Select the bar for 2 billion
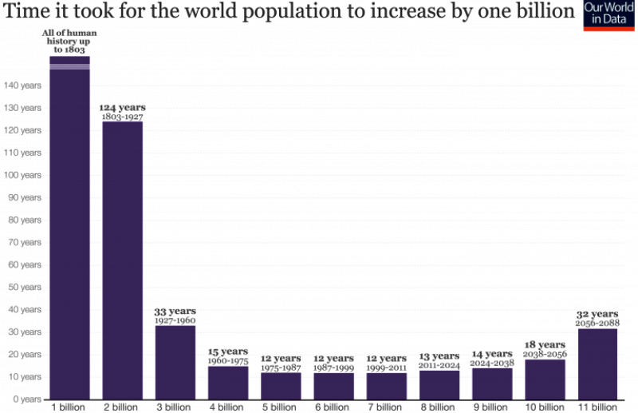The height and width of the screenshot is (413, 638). (122, 260)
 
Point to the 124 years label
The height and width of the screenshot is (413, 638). (122, 107)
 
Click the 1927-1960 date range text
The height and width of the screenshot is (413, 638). (175, 320)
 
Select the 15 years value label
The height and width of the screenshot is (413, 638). (228, 351)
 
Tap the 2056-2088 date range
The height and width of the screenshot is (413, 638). (597, 323)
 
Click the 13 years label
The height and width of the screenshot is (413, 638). (439, 356)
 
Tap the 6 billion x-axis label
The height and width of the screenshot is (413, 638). (333, 407)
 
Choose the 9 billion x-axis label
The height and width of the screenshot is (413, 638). (492, 407)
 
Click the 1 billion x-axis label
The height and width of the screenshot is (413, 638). (69, 407)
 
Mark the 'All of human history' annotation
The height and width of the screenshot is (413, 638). (69, 41)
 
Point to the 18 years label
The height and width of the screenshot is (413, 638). (545, 344)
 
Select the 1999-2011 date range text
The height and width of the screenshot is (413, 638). (386, 367)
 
